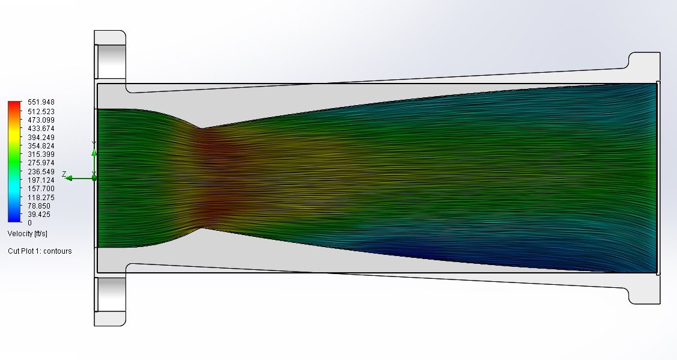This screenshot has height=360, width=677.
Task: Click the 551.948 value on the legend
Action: (x=41, y=102)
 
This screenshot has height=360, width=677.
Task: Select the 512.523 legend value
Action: (x=41, y=112)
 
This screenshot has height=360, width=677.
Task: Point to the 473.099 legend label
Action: (x=41, y=120)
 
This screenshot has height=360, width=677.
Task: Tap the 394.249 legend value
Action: (x=41, y=138)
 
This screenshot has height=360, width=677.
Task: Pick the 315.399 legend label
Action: (x=41, y=154)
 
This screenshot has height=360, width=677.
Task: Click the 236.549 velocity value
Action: (x=41, y=171)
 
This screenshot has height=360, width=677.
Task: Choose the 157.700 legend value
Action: (x=41, y=189)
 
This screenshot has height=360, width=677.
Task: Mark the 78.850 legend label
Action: (x=39, y=206)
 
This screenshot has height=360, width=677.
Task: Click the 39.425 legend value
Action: (x=39, y=215)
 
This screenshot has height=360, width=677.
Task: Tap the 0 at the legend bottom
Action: (x=30, y=223)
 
